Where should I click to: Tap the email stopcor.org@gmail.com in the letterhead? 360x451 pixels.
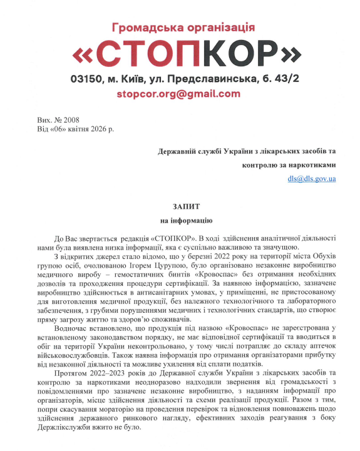(x=178, y=94)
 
